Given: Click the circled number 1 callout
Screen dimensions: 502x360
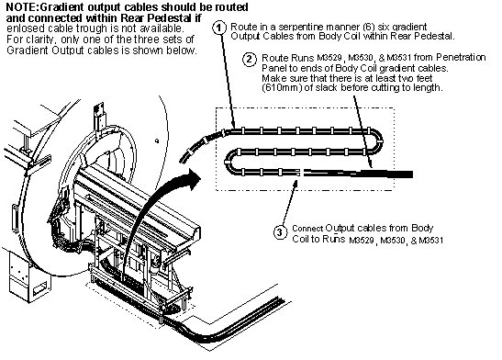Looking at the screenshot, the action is coord(219,28).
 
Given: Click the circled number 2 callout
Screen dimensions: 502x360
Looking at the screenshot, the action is coord(250,60).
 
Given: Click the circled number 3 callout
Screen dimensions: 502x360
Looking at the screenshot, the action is coord(280,231).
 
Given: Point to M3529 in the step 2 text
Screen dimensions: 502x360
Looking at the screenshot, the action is coord(329,58).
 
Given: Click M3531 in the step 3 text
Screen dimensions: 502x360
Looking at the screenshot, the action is coord(431,241).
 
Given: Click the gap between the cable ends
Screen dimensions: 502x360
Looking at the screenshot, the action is coord(302,173).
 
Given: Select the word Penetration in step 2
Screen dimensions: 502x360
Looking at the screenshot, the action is coord(461,57).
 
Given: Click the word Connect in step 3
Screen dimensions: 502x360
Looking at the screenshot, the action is coord(307,229).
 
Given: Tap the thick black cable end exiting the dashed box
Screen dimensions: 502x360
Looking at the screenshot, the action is coord(400,174).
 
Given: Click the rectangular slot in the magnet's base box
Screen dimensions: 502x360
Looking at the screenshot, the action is coord(40,289).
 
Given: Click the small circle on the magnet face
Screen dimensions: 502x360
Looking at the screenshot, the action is coord(157,141).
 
